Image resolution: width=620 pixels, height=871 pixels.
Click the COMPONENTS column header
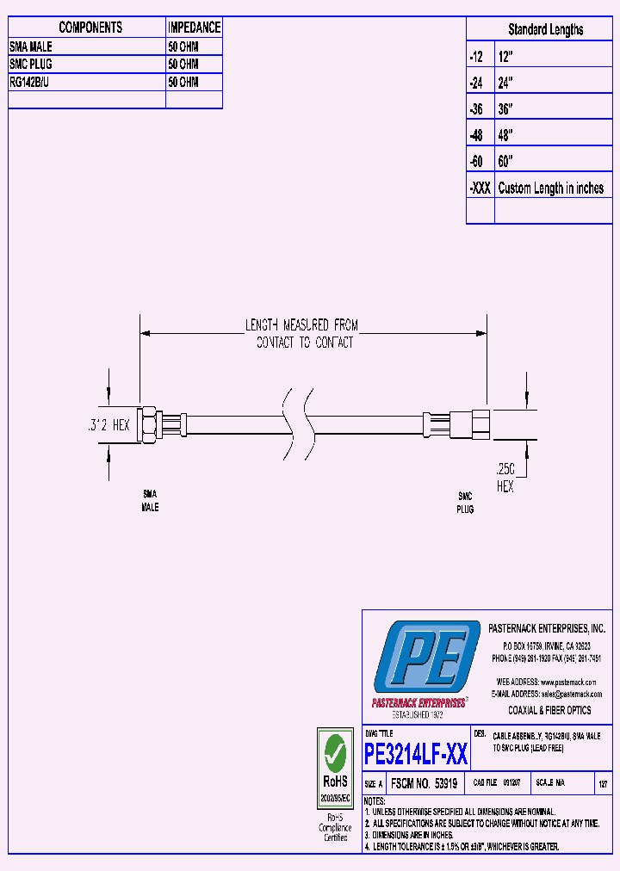[x=90, y=28]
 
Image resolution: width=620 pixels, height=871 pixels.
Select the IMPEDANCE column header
[x=194, y=28]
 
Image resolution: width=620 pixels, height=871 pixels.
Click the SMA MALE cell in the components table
[x=31, y=46]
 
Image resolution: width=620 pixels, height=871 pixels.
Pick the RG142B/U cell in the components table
[x=31, y=83]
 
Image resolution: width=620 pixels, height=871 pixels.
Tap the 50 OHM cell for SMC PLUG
[x=183, y=65]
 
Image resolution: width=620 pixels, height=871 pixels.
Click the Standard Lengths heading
[x=545, y=29]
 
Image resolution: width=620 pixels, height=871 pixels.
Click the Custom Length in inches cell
[x=551, y=188]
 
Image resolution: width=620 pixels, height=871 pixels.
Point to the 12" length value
[x=505, y=56]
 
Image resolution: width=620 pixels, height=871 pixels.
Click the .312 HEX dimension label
[x=108, y=424]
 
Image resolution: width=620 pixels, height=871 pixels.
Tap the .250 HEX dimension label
[x=505, y=479]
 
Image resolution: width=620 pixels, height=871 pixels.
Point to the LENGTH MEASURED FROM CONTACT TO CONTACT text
[x=302, y=334]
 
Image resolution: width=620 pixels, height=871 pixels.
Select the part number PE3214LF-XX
[x=416, y=755]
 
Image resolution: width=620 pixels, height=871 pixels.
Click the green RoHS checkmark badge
[x=335, y=758]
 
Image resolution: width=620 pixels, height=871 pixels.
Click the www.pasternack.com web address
[x=570, y=682]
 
